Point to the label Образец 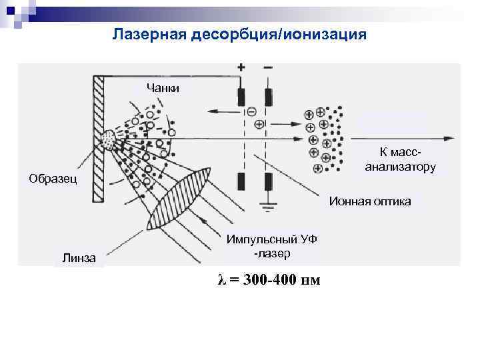(53, 178)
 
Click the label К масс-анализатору (401, 159)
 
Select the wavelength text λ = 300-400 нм (269, 279)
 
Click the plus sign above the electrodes (241, 68)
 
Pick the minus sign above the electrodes (268, 68)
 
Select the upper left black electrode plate (241, 97)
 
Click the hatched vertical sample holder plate (99, 137)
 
